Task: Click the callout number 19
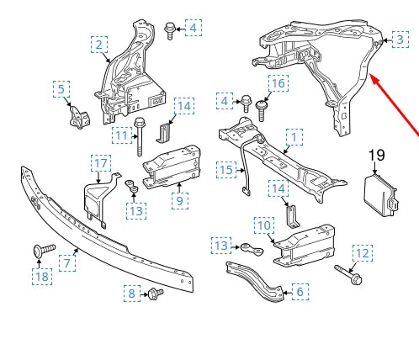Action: [375, 155]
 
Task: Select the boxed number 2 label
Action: [100, 44]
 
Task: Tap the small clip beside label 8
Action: [154, 293]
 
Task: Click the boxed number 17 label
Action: [100, 162]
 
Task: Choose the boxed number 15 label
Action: [226, 170]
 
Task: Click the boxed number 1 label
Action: [294, 135]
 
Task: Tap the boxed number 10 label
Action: [263, 225]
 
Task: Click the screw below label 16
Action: [263, 109]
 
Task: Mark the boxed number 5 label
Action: [61, 87]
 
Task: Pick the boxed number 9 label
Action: [179, 200]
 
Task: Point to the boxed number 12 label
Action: [361, 251]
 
